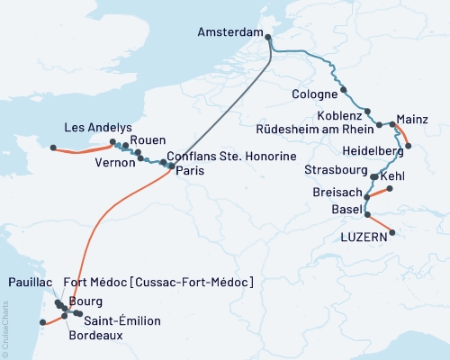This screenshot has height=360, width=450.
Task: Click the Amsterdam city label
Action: [x=229, y=33]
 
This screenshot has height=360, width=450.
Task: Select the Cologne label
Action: [x=314, y=94]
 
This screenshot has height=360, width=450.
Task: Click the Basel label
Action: [x=346, y=211]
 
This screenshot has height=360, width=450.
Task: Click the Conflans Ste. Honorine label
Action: [x=232, y=157]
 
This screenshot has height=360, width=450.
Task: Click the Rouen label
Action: [x=148, y=140]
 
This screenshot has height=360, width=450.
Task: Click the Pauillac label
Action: [x=28, y=282]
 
